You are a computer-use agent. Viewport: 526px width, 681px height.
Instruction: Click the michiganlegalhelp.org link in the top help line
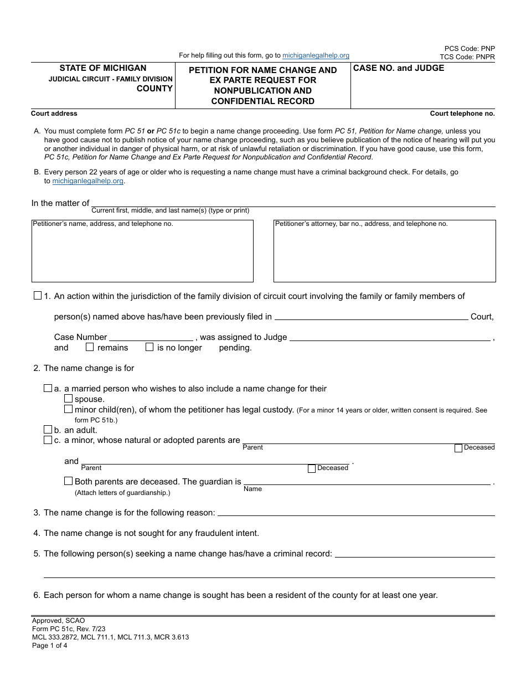click(x=316, y=55)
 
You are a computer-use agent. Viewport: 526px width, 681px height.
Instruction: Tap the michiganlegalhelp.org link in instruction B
click(x=87, y=181)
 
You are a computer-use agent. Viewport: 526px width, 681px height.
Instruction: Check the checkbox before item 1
click(x=38, y=296)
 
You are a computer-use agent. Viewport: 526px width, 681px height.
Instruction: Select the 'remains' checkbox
click(x=90, y=347)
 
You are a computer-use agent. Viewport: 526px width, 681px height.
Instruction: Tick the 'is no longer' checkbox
click(x=149, y=347)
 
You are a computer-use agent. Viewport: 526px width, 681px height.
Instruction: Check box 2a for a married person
click(x=48, y=389)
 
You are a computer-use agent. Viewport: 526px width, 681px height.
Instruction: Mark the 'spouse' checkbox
click(x=68, y=399)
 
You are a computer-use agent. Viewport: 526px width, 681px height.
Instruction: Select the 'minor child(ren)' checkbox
click(x=68, y=409)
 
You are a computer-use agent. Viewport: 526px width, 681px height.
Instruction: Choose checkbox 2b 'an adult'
click(x=48, y=430)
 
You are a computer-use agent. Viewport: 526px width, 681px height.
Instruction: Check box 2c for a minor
click(x=48, y=440)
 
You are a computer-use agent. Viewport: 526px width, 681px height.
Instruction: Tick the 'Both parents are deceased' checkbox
click(x=68, y=481)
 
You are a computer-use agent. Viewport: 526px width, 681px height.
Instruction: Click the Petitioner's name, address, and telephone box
click(x=142, y=252)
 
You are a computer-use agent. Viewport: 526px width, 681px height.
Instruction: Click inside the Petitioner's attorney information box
click(x=384, y=252)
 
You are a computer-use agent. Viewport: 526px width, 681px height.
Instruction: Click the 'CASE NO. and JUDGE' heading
click(x=399, y=68)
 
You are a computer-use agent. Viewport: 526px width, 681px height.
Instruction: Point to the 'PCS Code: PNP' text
click(x=470, y=49)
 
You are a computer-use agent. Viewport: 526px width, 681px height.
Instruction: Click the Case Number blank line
click(x=151, y=337)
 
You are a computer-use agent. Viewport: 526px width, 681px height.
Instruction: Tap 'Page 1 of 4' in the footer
click(x=49, y=645)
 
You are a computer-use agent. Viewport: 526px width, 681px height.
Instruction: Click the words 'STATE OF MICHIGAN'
click(x=103, y=68)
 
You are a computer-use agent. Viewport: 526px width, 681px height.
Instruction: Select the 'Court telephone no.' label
click(x=462, y=114)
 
